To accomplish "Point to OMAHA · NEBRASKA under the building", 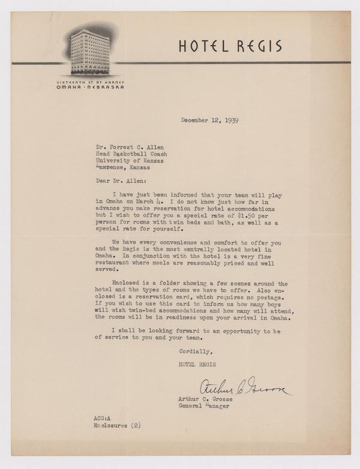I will tap(87, 87).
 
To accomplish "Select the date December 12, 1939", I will tap(210, 120).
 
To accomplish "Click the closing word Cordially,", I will tap(196, 352).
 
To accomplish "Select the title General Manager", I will tap(202, 405).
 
